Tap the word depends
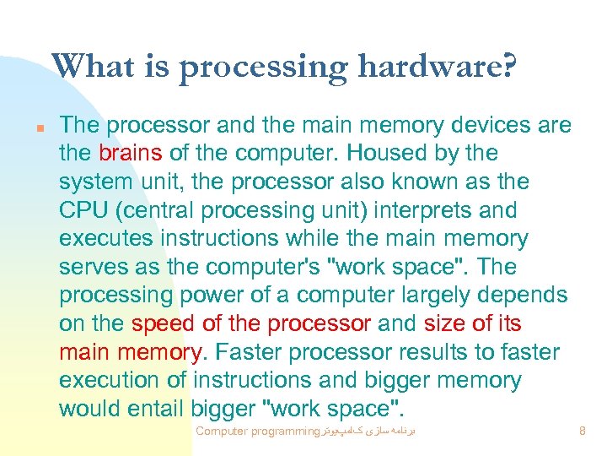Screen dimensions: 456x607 [x=523, y=296]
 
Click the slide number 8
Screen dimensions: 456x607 [x=583, y=432]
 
